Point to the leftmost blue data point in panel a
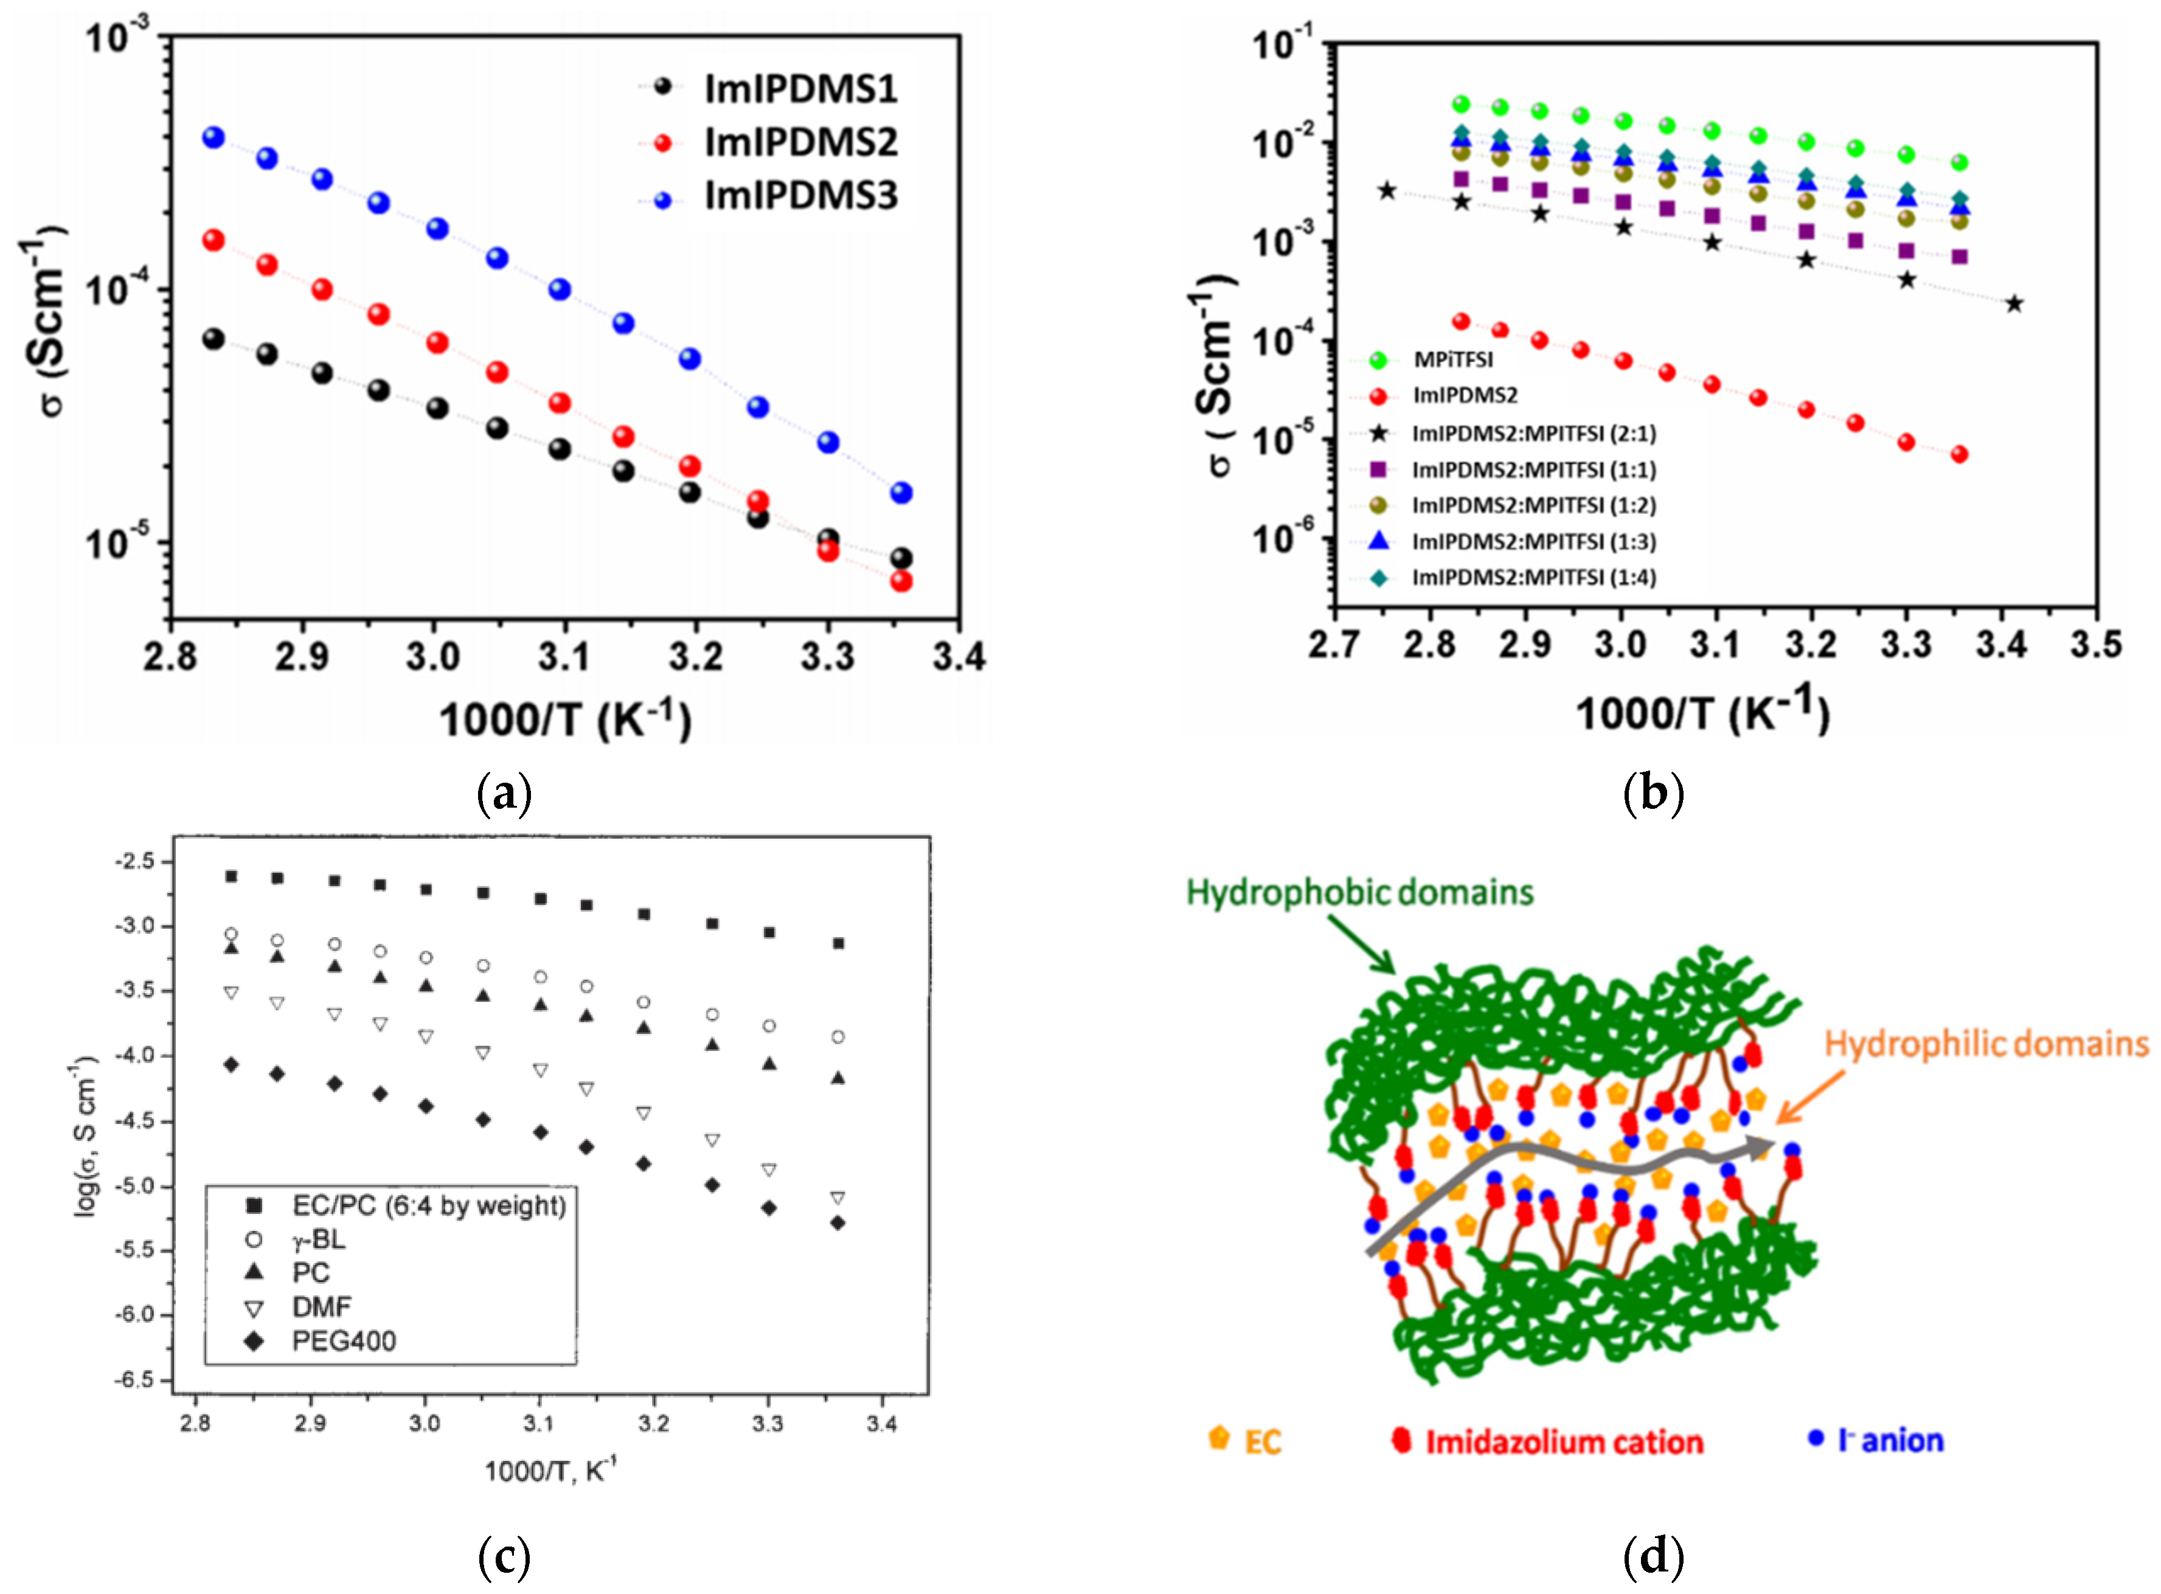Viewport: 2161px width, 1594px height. click(x=213, y=138)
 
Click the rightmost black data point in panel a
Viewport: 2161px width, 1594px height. click(x=901, y=559)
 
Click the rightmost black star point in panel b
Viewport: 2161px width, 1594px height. click(x=2013, y=304)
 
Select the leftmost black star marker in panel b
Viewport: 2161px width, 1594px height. click(x=1387, y=191)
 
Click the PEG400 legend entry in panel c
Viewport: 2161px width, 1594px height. click(x=344, y=1341)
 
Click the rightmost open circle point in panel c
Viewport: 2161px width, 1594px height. click(x=838, y=1038)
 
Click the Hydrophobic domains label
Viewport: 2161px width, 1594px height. click(x=1359, y=893)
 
